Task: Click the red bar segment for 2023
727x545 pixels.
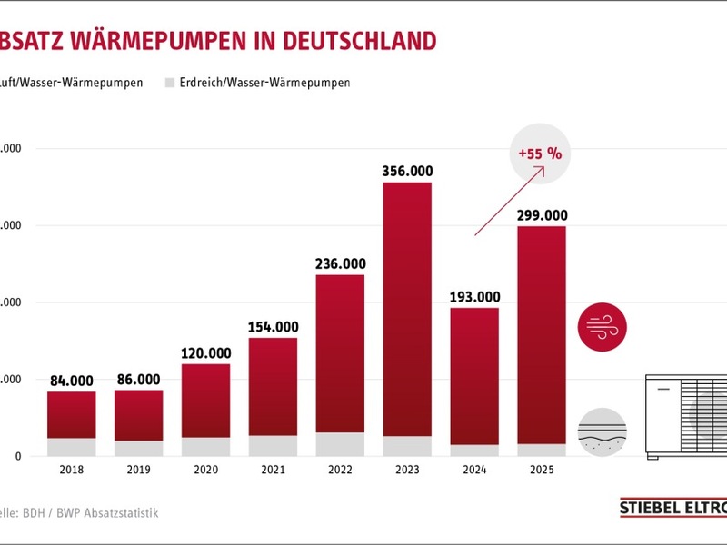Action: coord(407,309)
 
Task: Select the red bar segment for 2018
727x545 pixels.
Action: coord(72,415)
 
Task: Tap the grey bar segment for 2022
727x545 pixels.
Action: coord(340,444)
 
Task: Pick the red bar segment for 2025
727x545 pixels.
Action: coord(542,334)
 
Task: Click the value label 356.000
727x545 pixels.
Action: coord(407,171)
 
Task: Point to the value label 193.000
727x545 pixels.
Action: coord(474,296)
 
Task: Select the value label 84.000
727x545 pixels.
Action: coord(72,380)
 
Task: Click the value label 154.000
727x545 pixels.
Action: coord(273,327)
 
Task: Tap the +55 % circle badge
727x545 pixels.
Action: coord(541,154)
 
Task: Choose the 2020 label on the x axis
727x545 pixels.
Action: coord(205,471)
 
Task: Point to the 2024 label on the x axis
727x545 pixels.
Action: coord(474,471)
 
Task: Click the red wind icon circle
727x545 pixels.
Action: coord(603,327)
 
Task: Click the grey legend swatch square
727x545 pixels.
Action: coord(169,83)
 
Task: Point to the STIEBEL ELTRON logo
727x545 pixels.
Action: coord(672,509)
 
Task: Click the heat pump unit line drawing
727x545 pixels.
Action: coord(686,415)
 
